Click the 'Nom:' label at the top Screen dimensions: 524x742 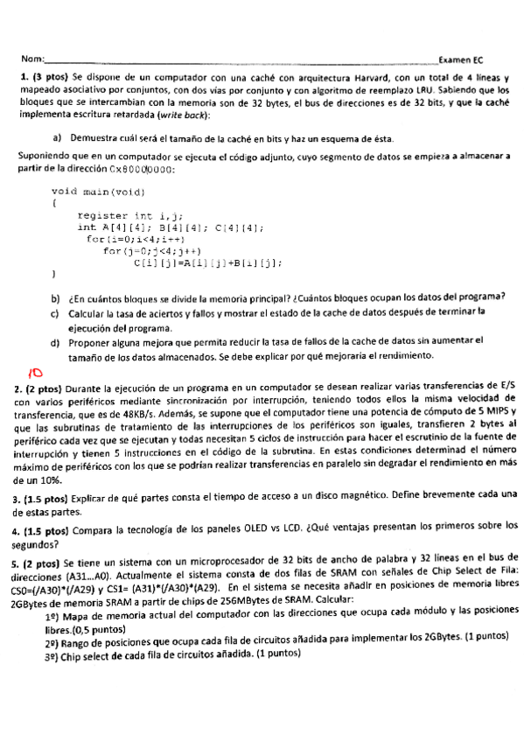[x=31, y=59]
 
